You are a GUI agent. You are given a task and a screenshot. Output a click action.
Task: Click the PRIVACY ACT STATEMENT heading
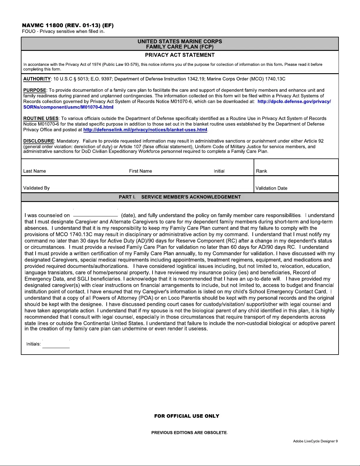click(x=180, y=55)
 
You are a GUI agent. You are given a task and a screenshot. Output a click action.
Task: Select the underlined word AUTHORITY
click(x=37, y=79)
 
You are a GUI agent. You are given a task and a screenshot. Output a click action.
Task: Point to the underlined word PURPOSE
click(x=35, y=90)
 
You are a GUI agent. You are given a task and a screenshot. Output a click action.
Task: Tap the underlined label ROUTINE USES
click(x=41, y=118)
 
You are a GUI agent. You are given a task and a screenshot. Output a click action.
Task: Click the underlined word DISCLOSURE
click(x=39, y=141)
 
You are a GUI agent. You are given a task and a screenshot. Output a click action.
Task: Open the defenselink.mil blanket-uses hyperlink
click(x=145, y=130)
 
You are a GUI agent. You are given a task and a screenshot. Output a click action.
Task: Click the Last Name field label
click(x=35, y=171)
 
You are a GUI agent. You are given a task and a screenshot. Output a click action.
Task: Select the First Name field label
click(x=140, y=171)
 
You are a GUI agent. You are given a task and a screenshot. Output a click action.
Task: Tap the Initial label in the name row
click(x=219, y=171)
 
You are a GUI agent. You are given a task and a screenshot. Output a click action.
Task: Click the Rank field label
click(x=262, y=171)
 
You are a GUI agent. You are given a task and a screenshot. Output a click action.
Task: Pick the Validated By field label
click(x=36, y=188)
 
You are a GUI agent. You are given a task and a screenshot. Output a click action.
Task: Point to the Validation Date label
click(x=272, y=188)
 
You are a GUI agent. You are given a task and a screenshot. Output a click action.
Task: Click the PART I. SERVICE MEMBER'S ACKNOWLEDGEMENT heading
click(x=180, y=197)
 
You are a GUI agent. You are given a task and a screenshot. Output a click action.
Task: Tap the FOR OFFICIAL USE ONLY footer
click(x=187, y=416)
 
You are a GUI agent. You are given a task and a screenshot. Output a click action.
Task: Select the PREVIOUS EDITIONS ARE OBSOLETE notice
click(x=189, y=432)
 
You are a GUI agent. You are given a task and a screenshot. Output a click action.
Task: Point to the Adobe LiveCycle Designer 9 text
click(x=315, y=441)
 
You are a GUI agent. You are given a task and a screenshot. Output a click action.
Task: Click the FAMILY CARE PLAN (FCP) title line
click(x=180, y=47)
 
